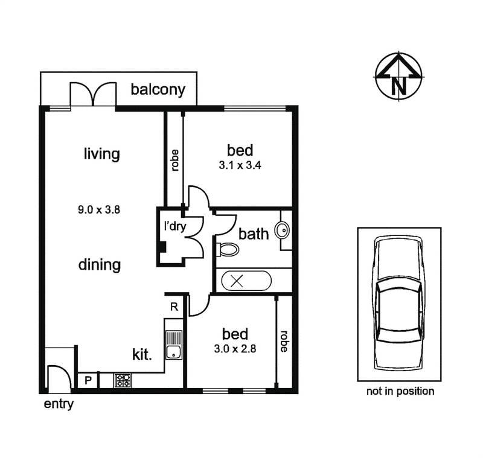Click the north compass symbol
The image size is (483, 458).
pos(398,76)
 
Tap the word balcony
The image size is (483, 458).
pos(158,91)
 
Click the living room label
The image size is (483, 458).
pos(101,154)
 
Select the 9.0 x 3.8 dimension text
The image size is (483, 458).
pos(100,211)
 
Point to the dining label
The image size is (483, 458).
pos(100,264)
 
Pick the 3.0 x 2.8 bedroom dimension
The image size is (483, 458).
pos(234,348)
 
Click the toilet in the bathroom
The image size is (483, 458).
pos(226,249)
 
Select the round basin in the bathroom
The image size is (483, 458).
pos(282,231)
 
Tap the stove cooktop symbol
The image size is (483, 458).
pos(123,381)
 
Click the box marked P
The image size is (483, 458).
pos(88,381)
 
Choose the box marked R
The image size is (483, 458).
pos(174,307)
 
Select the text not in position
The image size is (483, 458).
pos(400,392)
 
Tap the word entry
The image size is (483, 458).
pos(59,404)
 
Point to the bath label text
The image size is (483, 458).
pos(253,234)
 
